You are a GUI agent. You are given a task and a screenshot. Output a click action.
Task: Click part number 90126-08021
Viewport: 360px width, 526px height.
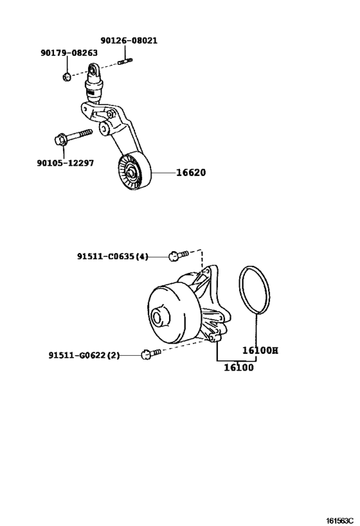point(129,40)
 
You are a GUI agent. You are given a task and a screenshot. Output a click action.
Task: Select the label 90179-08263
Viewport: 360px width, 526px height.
point(69,53)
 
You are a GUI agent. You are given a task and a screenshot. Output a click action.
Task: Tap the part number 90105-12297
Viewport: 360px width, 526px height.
point(66,163)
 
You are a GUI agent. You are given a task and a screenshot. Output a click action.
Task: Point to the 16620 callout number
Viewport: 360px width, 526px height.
point(191,172)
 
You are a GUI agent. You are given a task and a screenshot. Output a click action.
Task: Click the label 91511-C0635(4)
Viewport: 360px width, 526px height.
point(113,257)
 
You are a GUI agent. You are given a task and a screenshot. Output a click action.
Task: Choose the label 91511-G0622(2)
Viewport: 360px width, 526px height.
point(84,355)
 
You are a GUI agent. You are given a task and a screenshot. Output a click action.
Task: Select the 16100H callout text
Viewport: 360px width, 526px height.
point(260,350)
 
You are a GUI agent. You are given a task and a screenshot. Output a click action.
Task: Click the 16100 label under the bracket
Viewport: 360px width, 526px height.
point(239,367)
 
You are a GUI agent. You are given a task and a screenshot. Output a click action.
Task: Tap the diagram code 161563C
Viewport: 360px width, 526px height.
point(341,521)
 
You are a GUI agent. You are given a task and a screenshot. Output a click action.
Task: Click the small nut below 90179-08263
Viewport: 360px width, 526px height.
point(66,77)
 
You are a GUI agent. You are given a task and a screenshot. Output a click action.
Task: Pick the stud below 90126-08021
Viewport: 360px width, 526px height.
point(125,61)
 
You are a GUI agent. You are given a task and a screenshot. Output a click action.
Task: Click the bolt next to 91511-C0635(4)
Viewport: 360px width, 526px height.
point(178,255)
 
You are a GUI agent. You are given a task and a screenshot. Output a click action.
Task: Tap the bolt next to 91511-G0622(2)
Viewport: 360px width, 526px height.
point(151,354)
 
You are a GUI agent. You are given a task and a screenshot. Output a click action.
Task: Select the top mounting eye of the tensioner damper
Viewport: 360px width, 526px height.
point(93,71)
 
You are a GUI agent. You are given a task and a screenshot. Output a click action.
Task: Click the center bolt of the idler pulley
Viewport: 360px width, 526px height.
point(130,174)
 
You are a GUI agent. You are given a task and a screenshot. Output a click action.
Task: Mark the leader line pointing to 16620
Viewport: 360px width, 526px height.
point(163,172)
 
